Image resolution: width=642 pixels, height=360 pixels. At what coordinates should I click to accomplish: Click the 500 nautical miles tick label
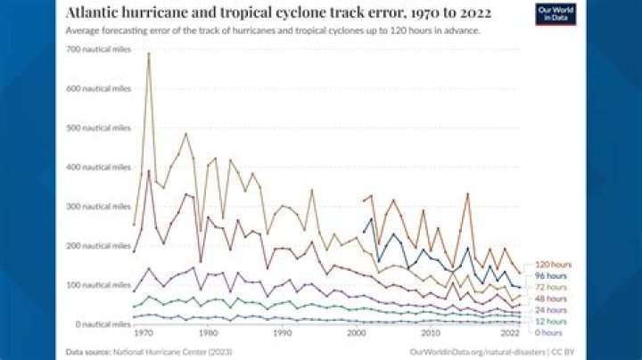coord(99,127)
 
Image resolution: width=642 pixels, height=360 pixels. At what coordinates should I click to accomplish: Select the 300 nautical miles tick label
coord(99,206)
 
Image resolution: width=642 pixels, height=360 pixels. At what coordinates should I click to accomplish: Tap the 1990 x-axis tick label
coord(281,333)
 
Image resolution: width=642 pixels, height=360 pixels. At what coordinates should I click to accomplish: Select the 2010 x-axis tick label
coord(430,333)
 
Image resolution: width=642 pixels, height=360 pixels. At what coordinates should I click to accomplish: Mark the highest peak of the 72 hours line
coord(148,54)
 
